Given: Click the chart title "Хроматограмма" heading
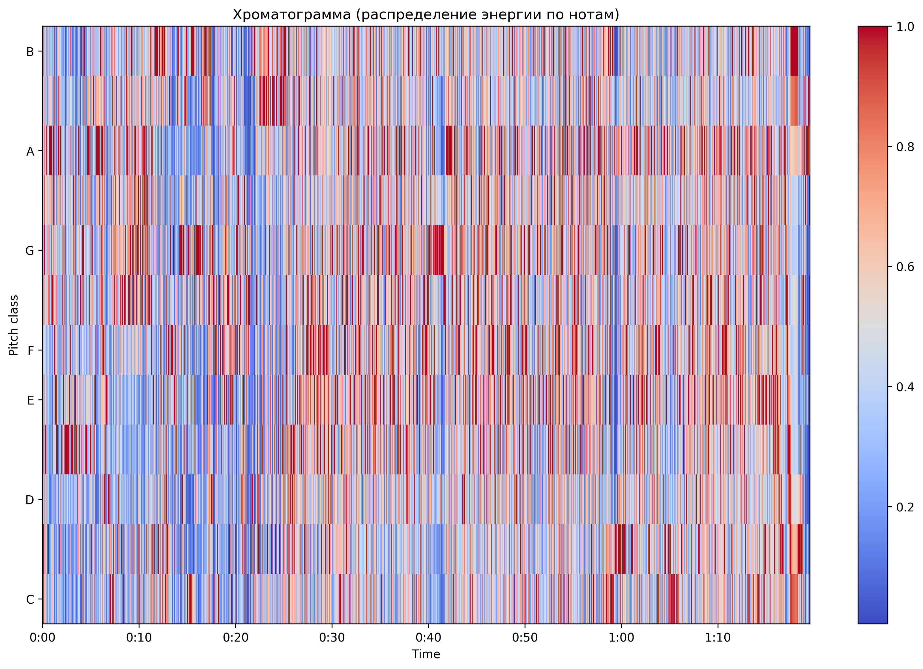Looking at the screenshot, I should [x=426, y=15].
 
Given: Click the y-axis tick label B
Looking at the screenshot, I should [x=30, y=52].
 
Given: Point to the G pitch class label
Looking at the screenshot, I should [x=30, y=251].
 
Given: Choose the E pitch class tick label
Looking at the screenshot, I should [x=30, y=401].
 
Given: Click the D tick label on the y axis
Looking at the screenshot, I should [x=30, y=500].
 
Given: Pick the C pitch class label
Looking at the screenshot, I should [x=30, y=599].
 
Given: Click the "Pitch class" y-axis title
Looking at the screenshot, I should [x=14, y=326].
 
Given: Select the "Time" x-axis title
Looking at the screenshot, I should [x=426, y=654].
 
